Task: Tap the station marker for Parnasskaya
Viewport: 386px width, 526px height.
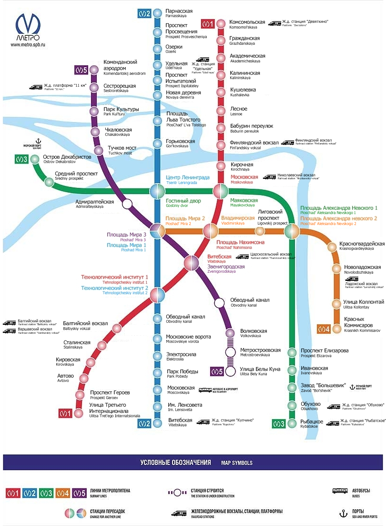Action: point(158,13)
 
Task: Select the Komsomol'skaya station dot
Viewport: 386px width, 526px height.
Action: point(221,25)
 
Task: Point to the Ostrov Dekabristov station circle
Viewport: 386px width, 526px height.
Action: point(35,159)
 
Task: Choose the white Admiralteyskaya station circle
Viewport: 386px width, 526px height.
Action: point(127,204)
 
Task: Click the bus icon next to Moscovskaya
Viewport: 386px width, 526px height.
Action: point(205,390)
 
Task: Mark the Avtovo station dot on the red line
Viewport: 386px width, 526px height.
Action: point(84,378)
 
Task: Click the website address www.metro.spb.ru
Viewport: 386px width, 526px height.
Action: point(28,45)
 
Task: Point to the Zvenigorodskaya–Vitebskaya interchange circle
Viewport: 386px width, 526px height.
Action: point(191,263)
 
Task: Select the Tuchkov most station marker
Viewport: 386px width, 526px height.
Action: point(99,151)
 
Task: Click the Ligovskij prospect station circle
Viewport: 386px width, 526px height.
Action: point(260,231)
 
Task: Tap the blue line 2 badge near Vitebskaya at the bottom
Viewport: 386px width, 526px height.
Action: point(144,423)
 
